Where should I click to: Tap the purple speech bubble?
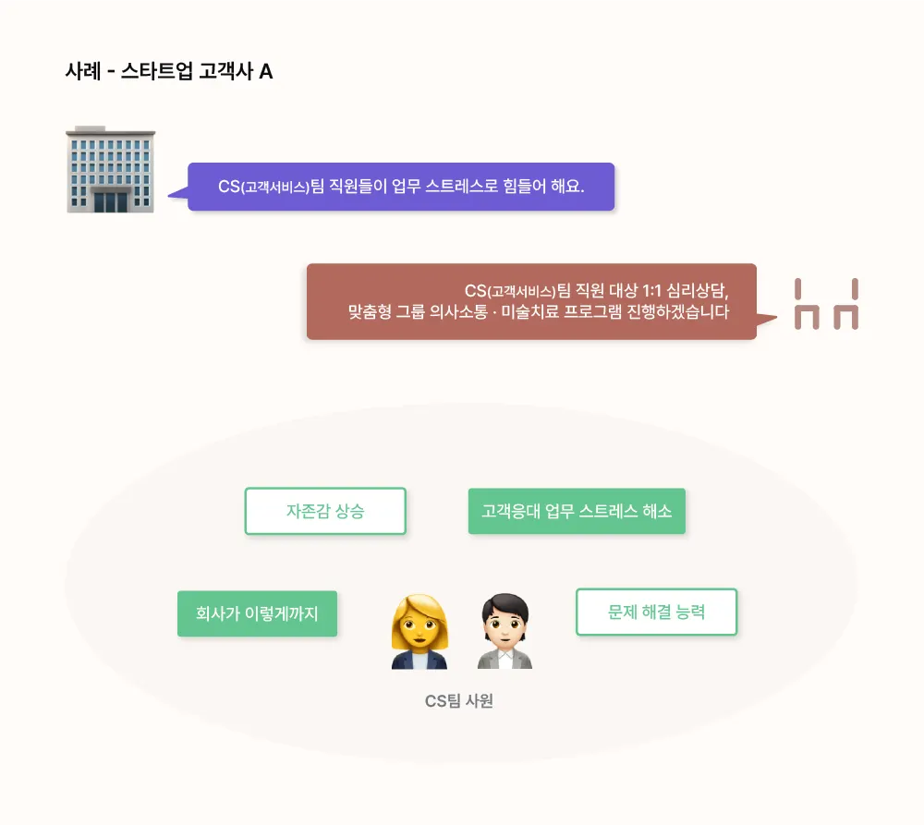pos(400,187)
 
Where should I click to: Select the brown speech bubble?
pos(531,301)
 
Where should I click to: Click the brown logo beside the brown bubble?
pos(826,305)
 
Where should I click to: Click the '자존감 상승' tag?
pos(325,511)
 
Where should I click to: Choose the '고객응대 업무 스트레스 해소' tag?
pos(577,511)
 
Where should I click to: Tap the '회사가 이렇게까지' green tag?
pos(257,613)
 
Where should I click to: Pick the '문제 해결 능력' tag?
pos(656,612)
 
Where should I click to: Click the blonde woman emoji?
pos(419,633)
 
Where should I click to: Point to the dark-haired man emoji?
pos(505,633)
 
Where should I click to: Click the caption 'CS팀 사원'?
pos(459,701)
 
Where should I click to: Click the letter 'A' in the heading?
pos(266,71)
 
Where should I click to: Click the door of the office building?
pos(111,200)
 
